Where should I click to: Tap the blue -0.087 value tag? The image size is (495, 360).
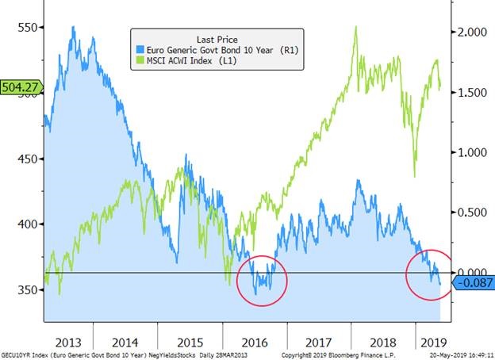pos(473,282)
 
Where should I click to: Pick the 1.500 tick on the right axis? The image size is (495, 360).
pos(473,93)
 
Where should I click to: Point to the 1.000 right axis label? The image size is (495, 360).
pos(473,152)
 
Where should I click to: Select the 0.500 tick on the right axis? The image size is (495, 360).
pos(473,212)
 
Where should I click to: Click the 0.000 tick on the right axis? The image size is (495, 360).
pos(473,271)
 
